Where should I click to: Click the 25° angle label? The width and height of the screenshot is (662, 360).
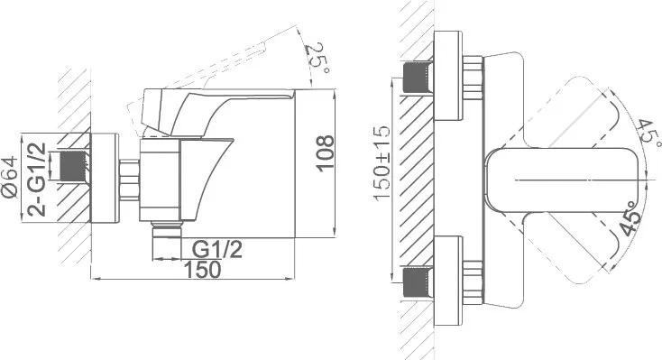[x=317, y=59]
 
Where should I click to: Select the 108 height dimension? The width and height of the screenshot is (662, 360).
[x=326, y=153]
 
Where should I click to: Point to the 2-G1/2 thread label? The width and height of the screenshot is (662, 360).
[x=37, y=180]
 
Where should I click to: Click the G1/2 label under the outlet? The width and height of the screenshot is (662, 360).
[x=217, y=250]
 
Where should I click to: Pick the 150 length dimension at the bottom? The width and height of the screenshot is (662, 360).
[x=202, y=270]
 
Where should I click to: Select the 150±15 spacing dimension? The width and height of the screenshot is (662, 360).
[x=382, y=163]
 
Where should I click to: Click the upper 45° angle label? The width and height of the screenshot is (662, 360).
[x=648, y=133]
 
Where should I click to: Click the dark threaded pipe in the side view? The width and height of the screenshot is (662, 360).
[x=74, y=167]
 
